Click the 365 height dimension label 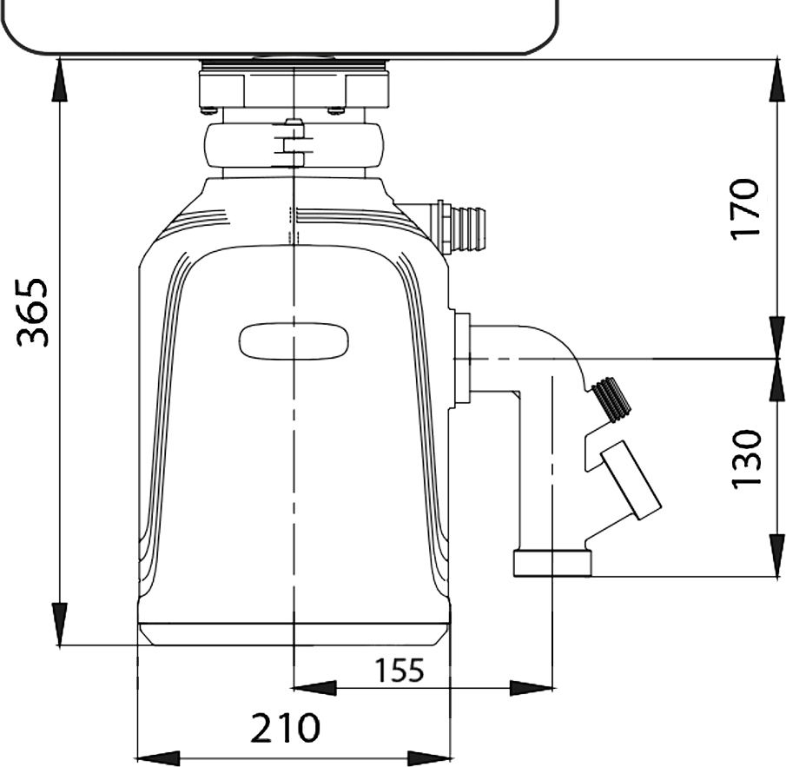[x=33, y=312]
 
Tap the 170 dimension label [x=745, y=209]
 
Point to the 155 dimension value [x=400, y=671]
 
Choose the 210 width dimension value [x=285, y=728]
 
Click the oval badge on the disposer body [x=294, y=341]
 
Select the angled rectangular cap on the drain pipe [x=631, y=479]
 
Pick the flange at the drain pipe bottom [x=552, y=564]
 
